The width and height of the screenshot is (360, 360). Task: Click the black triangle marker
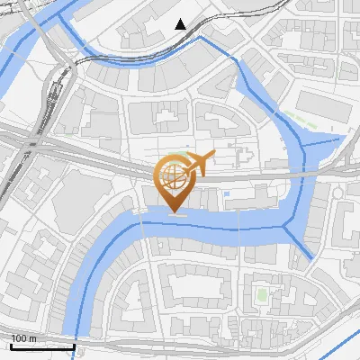point(181,24)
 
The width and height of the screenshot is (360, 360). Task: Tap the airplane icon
point(195,163)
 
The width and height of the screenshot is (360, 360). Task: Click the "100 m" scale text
point(24,337)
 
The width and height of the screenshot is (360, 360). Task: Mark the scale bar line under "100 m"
point(42,346)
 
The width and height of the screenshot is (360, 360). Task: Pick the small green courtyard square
point(262,294)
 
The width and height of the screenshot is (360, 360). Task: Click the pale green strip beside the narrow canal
point(310,122)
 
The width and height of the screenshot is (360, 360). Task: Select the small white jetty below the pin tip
point(177,215)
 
